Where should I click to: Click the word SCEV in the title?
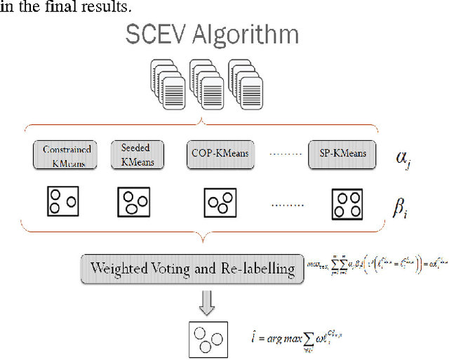click(152, 35)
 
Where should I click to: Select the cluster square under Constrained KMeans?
click(62, 201)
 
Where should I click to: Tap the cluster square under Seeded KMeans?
click(133, 201)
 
